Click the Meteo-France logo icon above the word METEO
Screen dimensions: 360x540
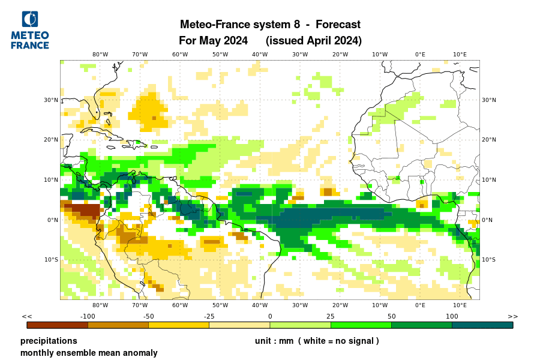tap(29, 19)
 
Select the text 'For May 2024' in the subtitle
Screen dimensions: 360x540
tap(214, 41)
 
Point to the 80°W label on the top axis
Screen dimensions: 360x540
tap(100, 54)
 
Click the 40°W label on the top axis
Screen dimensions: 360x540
tap(260, 54)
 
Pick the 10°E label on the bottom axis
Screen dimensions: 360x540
tap(460, 305)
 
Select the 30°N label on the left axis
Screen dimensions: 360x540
tap(50, 100)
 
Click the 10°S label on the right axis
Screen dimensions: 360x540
tap(489, 260)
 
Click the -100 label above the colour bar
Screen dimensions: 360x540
tap(88, 316)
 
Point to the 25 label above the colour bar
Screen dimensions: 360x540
tap(331, 316)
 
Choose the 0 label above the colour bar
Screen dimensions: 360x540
tap(270, 316)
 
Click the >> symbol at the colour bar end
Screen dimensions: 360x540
tap(512, 316)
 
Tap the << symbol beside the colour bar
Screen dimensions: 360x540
tap(27, 316)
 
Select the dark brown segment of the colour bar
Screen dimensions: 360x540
tap(58, 325)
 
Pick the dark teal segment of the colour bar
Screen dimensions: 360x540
tap(482, 325)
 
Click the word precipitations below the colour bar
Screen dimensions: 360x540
tap(49, 341)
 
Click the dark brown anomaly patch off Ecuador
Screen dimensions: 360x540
tap(82, 211)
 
